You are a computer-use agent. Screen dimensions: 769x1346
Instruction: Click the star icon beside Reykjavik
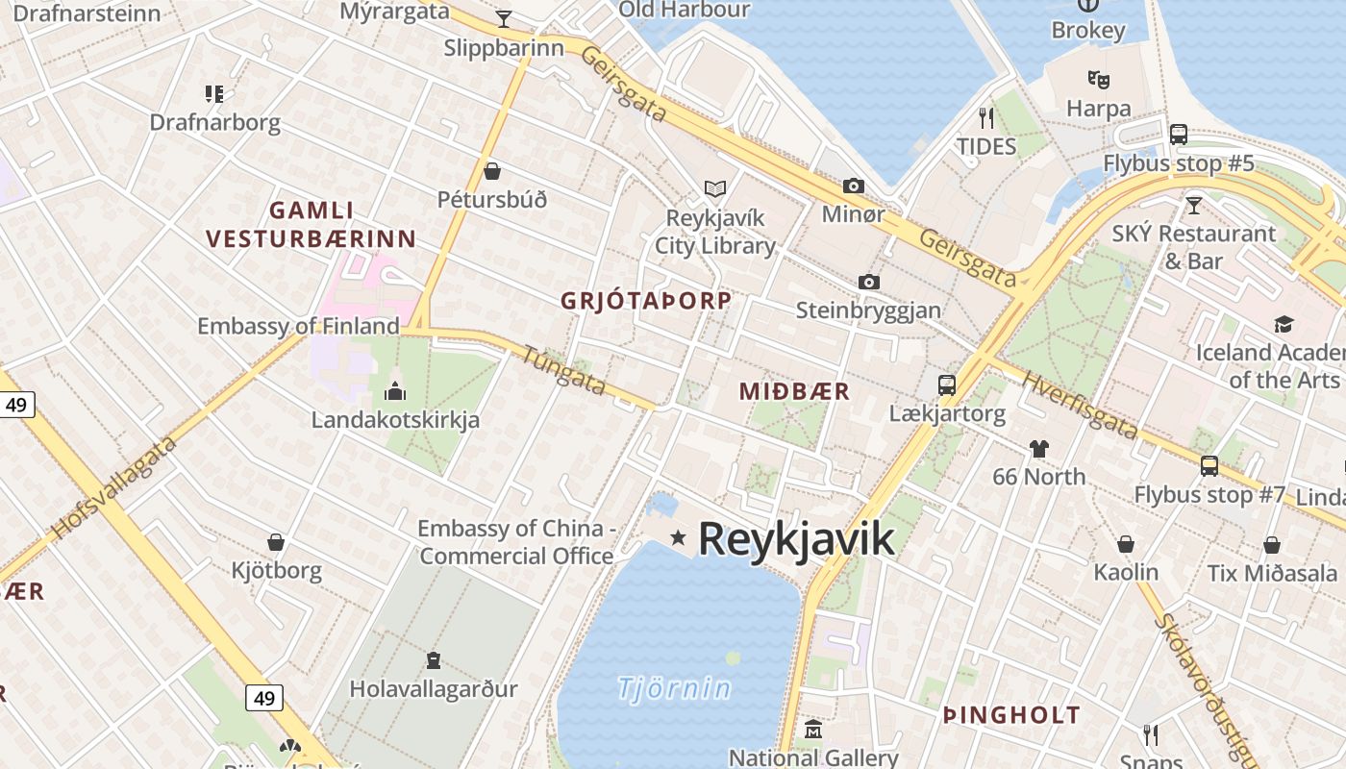tap(679, 537)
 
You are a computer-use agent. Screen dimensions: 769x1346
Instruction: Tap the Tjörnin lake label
tap(674, 688)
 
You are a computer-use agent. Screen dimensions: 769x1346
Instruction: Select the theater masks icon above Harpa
tap(1098, 79)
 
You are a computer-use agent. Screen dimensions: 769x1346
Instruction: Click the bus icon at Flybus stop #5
tap(1179, 135)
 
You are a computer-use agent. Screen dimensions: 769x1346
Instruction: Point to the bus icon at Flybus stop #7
tap(1209, 466)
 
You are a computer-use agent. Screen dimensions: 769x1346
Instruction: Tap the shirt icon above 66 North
tap(1038, 448)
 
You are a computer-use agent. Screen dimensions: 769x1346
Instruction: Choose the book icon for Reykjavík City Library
tap(714, 188)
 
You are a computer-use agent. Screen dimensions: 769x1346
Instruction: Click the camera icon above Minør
tap(853, 186)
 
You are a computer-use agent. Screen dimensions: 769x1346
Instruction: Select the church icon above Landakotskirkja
tap(394, 391)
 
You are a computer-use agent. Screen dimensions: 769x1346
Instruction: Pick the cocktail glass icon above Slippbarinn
tap(503, 18)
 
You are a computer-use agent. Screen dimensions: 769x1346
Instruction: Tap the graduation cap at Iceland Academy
tap(1284, 324)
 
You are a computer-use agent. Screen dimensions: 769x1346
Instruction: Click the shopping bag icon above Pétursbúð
tap(492, 171)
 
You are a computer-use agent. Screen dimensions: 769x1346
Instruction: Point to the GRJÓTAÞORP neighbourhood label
tap(646, 300)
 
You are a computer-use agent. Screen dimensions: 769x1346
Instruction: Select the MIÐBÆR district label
tap(794, 391)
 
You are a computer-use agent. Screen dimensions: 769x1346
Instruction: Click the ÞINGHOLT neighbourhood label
tap(1011, 715)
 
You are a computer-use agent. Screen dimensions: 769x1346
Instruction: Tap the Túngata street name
tap(564, 370)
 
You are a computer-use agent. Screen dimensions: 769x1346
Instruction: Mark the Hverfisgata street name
tap(1079, 405)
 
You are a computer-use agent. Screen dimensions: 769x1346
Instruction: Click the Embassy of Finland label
tap(298, 326)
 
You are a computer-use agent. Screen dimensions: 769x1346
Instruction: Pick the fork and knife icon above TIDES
tap(985, 118)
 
